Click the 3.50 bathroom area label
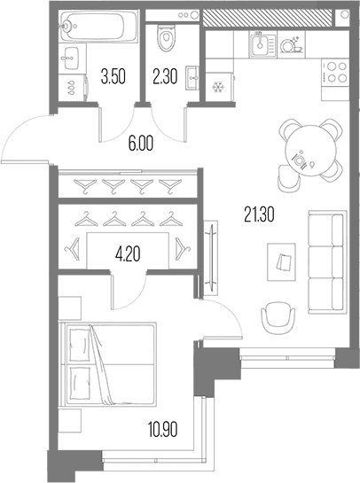click(x=113, y=77)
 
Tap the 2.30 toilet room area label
click(x=165, y=77)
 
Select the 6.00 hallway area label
click(x=141, y=144)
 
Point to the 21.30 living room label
click(x=259, y=214)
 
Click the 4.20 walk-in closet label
click(x=128, y=254)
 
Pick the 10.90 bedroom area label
click(x=163, y=430)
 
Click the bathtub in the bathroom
click(x=98, y=26)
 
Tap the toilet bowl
click(x=167, y=37)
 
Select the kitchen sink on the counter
click(x=262, y=45)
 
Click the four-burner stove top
click(x=334, y=73)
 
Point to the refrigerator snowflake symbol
click(x=218, y=87)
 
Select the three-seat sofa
click(x=327, y=262)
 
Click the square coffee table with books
click(x=281, y=261)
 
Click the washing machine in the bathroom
click(x=73, y=87)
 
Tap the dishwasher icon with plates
click(x=291, y=45)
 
